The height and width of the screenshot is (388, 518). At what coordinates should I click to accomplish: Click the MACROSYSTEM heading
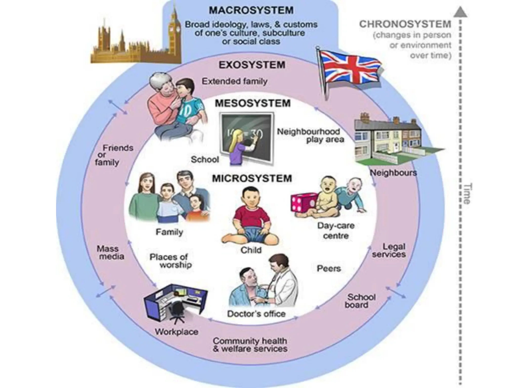(x=251, y=10)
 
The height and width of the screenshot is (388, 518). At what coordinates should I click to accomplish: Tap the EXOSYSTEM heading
(x=252, y=65)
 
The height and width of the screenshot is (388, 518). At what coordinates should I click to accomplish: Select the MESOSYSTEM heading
(x=253, y=103)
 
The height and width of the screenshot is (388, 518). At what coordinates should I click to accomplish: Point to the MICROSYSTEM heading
(x=252, y=178)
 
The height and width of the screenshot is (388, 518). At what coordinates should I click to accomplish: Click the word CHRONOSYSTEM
(x=405, y=24)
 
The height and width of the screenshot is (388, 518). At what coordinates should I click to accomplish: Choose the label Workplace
(x=177, y=331)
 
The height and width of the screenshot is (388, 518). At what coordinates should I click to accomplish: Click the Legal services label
(x=389, y=250)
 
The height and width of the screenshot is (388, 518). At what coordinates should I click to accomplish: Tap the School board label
(x=360, y=301)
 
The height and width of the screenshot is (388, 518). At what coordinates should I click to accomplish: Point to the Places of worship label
(x=171, y=261)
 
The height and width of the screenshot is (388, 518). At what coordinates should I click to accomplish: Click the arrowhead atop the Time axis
(x=460, y=12)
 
